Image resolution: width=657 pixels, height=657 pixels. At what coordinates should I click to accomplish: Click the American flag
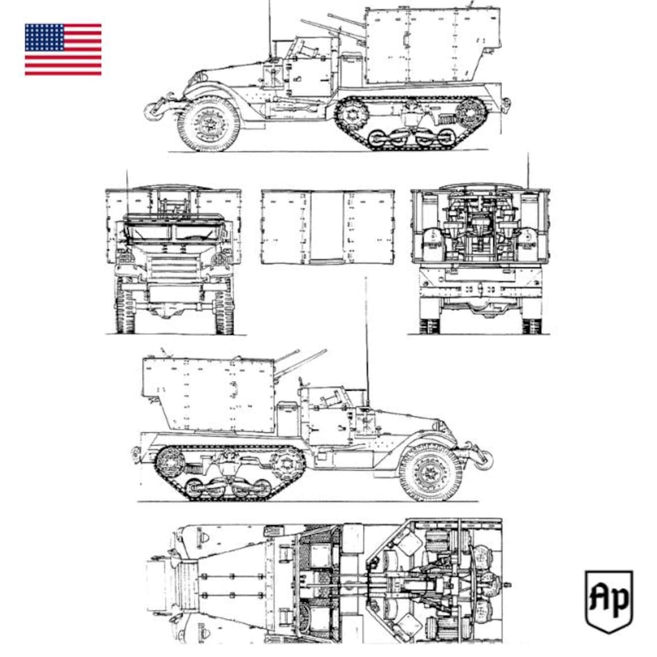click(x=63, y=50)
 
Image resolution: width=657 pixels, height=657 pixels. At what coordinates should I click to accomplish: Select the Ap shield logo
click(x=609, y=601)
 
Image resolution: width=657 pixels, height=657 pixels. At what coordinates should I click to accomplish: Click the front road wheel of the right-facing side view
click(x=429, y=472)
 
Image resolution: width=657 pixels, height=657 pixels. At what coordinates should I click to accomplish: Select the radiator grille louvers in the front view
click(x=172, y=267)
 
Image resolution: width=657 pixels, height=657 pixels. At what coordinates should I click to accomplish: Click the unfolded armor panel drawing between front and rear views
click(x=327, y=228)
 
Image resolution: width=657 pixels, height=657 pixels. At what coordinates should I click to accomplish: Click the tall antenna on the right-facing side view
click(x=366, y=334)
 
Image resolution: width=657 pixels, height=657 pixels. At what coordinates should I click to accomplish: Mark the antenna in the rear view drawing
click(x=526, y=170)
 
